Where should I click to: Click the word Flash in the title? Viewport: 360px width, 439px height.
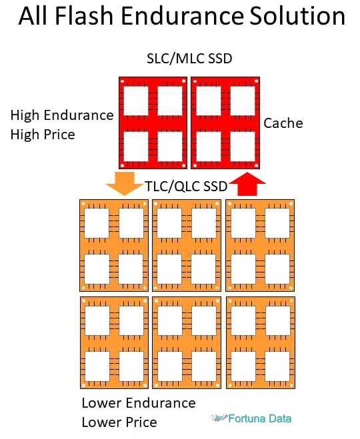[84, 16]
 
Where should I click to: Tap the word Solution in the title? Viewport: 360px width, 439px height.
[297, 16]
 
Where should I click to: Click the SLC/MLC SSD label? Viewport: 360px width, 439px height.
[189, 59]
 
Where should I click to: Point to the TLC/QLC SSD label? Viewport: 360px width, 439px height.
[186, 187]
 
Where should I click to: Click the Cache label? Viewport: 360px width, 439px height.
[283, 123]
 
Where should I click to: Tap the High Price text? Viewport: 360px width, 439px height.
[43, 135]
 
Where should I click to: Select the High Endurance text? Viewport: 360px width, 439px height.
[62, 115]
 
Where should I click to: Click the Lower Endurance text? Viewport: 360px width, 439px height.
[139, 403]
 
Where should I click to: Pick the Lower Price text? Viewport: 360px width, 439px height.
[119, 422]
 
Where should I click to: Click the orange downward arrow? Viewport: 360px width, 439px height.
[125, 183]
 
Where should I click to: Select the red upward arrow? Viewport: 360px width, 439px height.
[247, 184]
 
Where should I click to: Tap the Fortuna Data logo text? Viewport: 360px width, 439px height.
[260, 418]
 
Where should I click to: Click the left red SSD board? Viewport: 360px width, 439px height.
[153, 123]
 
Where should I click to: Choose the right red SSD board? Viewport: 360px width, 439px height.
[225, 123]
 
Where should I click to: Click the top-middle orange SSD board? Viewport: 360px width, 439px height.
[187, 245]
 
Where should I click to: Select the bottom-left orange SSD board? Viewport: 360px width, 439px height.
[114, 342]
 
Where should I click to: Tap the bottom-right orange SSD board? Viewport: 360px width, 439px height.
[261, 342]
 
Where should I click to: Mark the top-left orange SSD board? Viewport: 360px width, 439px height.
[114, 245]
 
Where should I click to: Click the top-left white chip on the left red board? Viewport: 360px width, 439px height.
[136, 101]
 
